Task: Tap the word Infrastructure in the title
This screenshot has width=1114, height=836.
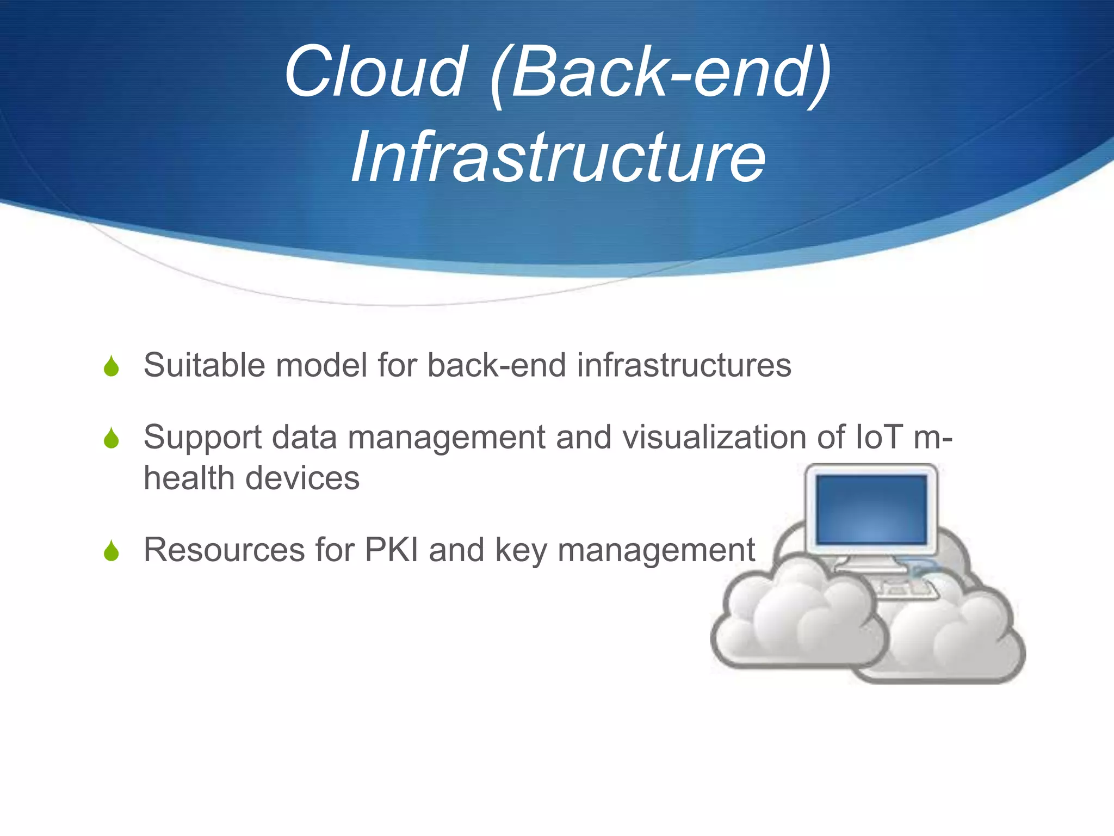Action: pos(558,158)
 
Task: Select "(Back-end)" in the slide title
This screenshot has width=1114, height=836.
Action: pos(660,73)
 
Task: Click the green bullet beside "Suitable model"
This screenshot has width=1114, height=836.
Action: pos(112,366)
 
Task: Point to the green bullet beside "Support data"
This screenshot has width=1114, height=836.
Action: pos(112,438)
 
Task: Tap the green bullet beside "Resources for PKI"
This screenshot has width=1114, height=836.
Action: pos(112,551)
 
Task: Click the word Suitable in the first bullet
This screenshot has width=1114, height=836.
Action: pos(204,365)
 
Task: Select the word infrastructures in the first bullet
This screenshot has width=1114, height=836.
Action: pos(684,365)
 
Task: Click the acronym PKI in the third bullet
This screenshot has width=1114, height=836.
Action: pos(392,550)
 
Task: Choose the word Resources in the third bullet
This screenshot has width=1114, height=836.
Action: pos(224,550)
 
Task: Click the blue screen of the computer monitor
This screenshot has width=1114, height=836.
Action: pos(871,509)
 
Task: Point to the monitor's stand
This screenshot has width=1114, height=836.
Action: pos(870,563)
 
